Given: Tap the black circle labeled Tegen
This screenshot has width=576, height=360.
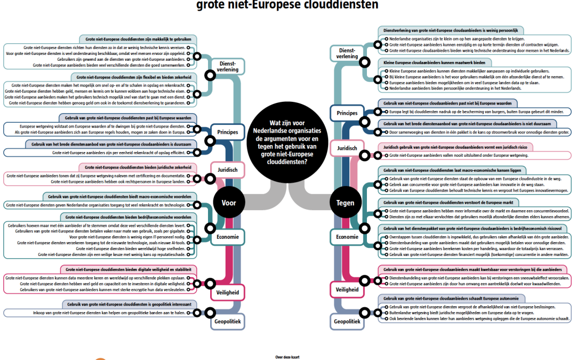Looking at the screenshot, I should [345, 203].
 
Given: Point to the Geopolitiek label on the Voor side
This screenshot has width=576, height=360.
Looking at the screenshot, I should [228, 322].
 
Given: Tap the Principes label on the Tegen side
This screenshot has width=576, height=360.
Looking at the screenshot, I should [347, 113].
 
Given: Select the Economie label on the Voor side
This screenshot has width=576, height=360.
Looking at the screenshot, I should [228, 237].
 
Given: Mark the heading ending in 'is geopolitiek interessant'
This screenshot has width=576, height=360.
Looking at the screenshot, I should [128, 305].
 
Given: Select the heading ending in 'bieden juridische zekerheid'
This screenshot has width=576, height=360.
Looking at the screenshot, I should [137, 167].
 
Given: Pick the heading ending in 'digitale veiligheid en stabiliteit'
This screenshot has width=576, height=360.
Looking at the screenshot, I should [128, 270].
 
